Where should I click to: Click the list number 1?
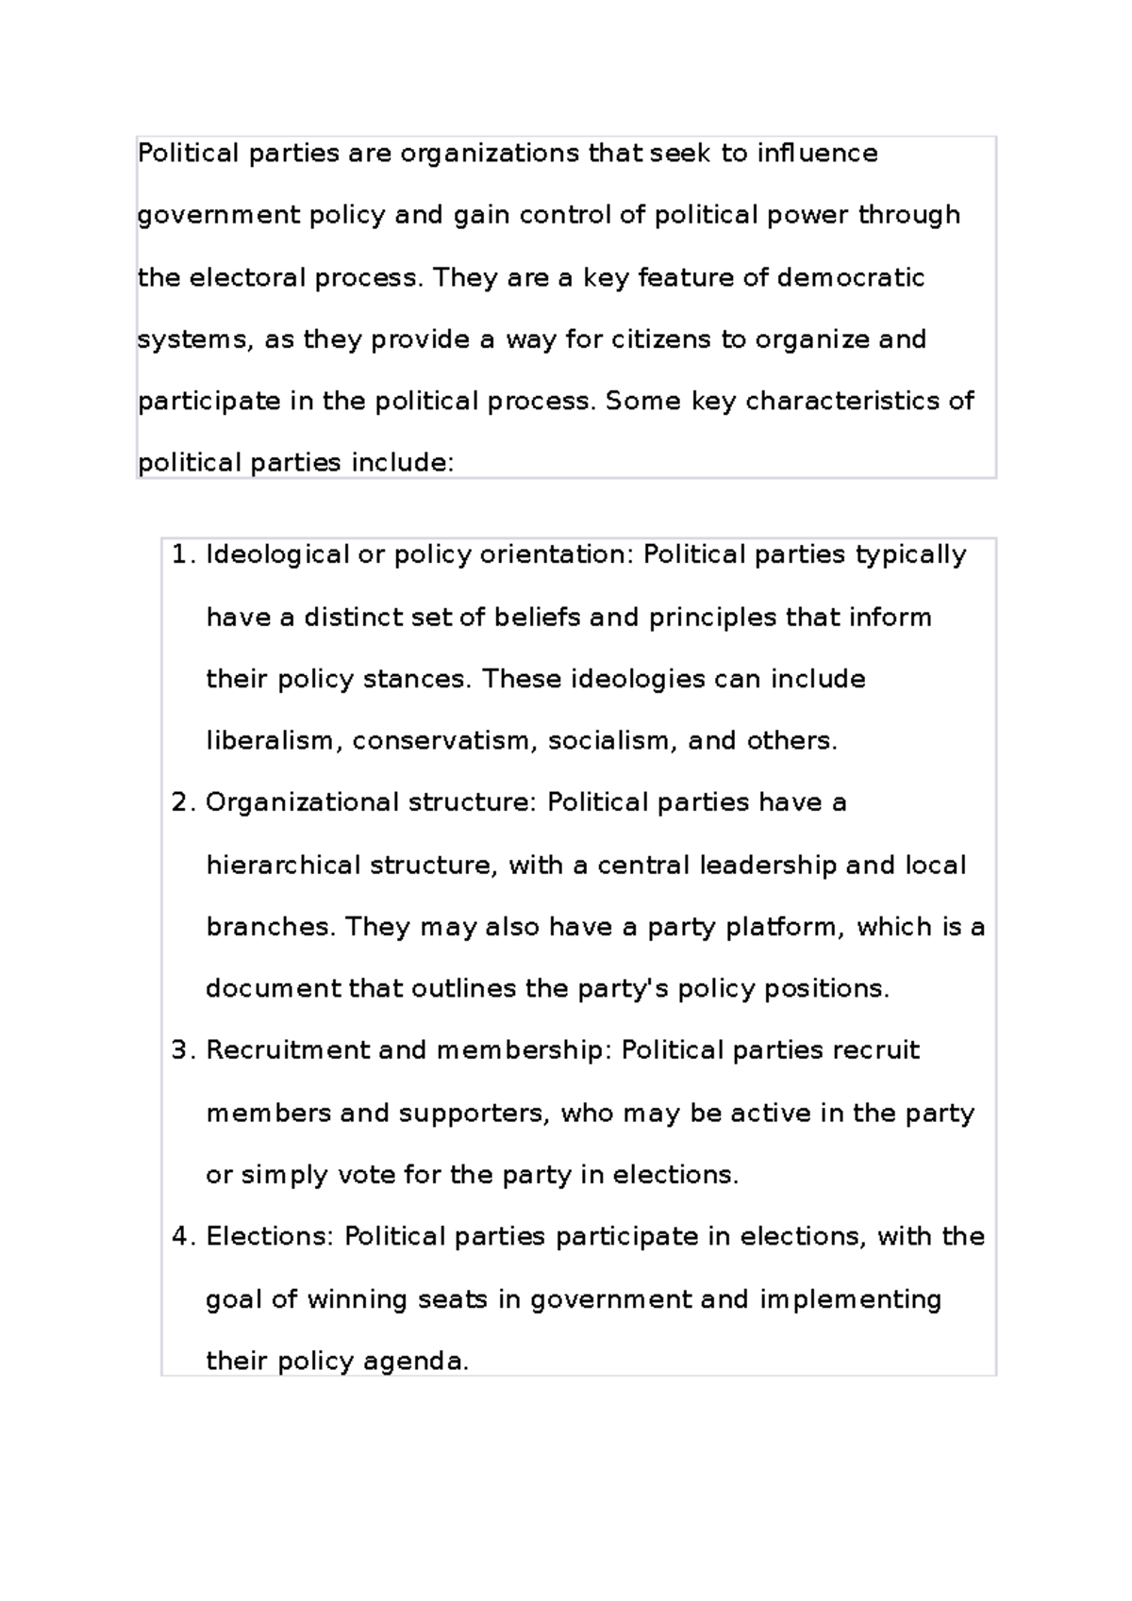181,554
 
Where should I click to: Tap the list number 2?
181,802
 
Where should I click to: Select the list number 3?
181,1050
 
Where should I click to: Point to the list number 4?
181,1236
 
